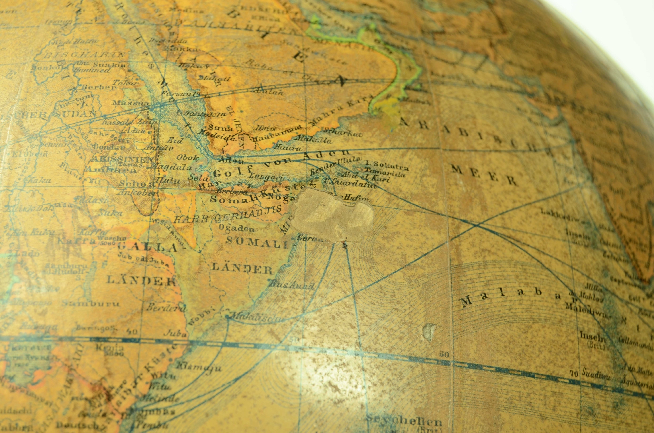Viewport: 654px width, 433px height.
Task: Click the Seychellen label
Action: coord(404,422)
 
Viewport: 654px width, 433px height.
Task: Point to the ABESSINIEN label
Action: coord(122,159)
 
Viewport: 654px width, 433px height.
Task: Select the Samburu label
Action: coord(90,304)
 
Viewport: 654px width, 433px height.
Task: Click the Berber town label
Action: coord(98,87)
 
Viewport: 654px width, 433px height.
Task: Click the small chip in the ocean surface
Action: coord(430,331)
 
